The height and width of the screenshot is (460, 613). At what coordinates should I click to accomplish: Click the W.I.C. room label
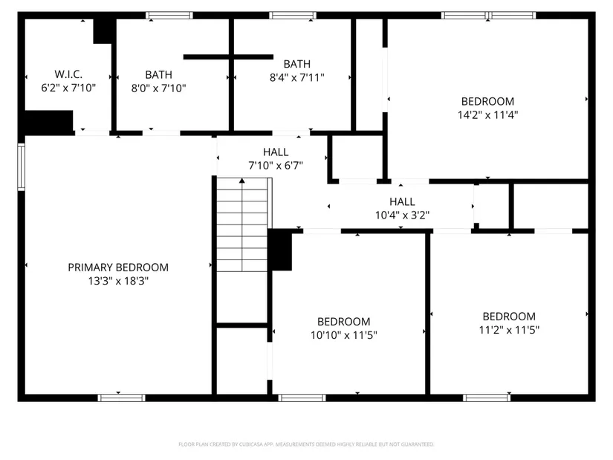click(68, 74)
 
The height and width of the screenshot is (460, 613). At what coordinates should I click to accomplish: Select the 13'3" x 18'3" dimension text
click(118, 281)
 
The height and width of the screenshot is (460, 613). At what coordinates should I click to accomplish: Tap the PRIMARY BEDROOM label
click(118, 268)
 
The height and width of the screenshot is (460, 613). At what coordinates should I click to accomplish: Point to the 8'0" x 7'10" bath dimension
click(159, 88)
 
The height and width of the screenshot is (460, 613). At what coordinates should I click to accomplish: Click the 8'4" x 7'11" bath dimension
click(297, 77)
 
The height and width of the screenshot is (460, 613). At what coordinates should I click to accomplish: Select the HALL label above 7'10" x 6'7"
click(276, 152)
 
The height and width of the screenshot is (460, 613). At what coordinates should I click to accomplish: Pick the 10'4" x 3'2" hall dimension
click(402, 215)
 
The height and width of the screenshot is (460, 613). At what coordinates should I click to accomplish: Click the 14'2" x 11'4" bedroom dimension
click(488, 114)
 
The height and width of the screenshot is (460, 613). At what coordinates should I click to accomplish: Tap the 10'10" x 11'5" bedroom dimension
click(344, 335)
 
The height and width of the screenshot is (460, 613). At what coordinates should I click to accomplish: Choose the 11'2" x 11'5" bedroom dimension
click(510, 330)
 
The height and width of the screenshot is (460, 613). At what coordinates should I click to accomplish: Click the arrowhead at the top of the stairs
click(242, 181)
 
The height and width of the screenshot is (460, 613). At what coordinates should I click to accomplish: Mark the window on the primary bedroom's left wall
click(21, 167)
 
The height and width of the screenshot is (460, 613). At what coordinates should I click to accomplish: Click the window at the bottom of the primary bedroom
click(122, 398)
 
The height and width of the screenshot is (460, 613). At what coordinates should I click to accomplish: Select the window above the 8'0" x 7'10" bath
click(169, 16)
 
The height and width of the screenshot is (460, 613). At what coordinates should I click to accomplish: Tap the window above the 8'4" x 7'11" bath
click(293, 16)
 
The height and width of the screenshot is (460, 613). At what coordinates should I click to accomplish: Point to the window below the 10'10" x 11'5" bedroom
click(302, 398)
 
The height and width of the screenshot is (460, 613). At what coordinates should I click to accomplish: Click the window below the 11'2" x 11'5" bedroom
click(487, 398)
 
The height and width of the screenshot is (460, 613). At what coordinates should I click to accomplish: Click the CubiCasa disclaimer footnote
click(306, 444)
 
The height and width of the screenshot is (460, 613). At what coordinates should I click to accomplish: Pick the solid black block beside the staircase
click(280, 250)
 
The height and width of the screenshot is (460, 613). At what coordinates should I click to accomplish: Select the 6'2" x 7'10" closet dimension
click(68, 88)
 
